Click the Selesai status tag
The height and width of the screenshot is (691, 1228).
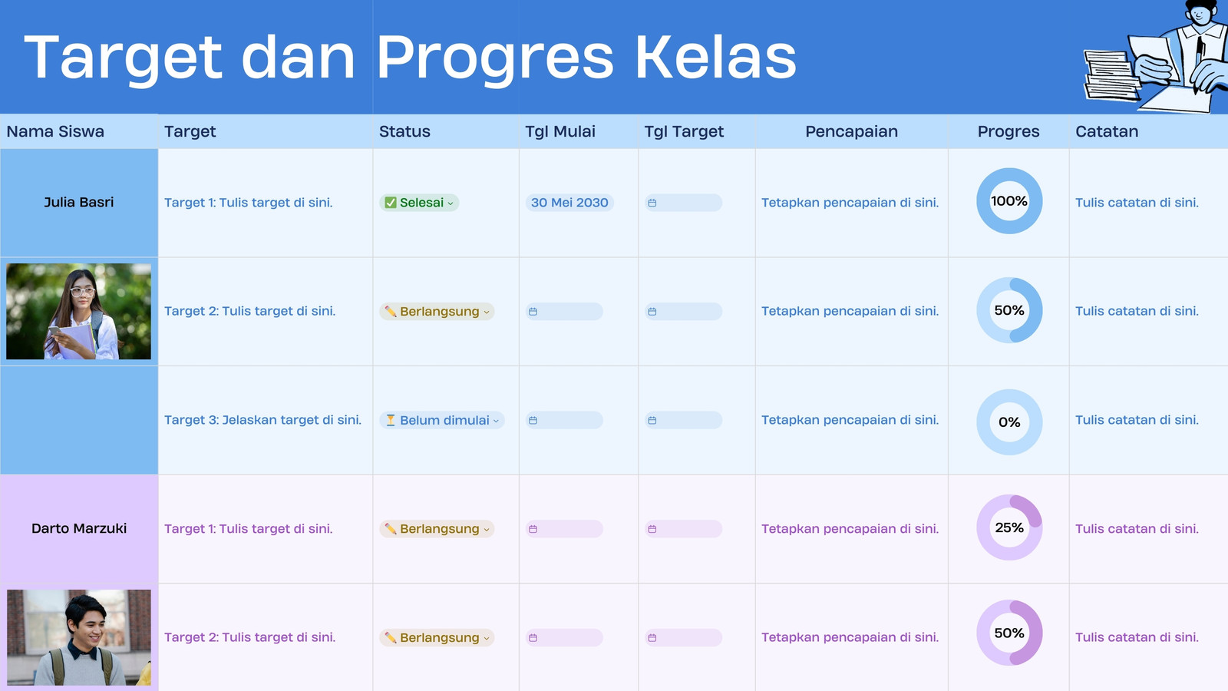[x=419, y=203]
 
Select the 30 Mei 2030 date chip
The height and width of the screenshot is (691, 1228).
[x=569, y=203]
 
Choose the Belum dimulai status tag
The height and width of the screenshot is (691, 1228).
[x=441, y=420]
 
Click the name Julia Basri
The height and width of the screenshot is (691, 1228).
[x=79, y=203]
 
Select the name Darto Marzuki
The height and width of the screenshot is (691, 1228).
[x=79, y=528]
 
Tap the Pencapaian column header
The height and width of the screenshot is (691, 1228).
[x=851, y=131]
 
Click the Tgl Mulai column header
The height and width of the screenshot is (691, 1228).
[x=560, y=131]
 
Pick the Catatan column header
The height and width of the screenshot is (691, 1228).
[x=1107, y=131]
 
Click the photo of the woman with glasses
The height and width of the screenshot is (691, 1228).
[x=78, y=312]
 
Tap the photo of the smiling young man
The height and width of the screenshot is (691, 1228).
[x=79, y=637]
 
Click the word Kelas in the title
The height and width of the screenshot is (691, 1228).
[x=716, y=57]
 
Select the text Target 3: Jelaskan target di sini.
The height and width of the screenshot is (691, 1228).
[x=262, y=420]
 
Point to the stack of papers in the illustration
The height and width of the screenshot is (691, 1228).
[x=1110, y=75]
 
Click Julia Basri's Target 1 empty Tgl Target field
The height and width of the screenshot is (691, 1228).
[x=683, y=203]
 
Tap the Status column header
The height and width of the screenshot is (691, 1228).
[x=404, y=131]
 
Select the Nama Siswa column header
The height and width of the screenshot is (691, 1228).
[x=55, y=131]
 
